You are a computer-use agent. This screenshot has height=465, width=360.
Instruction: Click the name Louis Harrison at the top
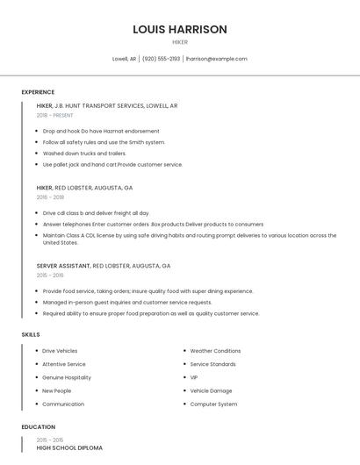click(x=179, y=29)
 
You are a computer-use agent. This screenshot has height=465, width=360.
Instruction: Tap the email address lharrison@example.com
click(x=216, y=59)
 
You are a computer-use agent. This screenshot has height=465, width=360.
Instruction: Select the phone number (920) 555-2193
click(x=161, y=59)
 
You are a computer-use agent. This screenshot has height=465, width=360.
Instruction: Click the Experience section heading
click(x=38, y=92)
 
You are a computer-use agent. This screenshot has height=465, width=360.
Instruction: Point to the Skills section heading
click(x=31, y=334)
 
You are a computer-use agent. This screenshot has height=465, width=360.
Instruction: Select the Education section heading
click(x=39, y=427)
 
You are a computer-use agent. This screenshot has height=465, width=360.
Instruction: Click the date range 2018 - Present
click(x=54, y=115)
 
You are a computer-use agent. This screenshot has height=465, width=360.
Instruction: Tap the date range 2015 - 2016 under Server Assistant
click(x=50, y=275)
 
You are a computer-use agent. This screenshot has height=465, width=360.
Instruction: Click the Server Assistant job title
click(x=63, y=265)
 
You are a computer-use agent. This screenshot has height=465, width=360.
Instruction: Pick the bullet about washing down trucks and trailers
click(x=84, y=154)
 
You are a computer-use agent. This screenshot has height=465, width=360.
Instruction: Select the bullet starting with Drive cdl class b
click(x=96, y=213)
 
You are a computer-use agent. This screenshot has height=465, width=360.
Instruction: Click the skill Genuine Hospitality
click(x=67, y=377)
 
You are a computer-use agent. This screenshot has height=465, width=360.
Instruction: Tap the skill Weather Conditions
click(x=215, y=351)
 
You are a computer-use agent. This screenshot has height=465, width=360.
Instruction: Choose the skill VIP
click(x=194, y=377)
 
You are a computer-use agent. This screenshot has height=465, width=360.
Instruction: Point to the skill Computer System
click(x=213, y=404)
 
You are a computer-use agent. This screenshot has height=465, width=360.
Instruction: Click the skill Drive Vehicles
click(x=60, y=351)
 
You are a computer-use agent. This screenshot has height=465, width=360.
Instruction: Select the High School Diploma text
click(x=69, y=447)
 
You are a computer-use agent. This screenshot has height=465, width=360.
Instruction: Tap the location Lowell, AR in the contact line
click(x=124, y=59)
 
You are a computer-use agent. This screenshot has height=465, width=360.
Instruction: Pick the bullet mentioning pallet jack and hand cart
click(x=112, y=165)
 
